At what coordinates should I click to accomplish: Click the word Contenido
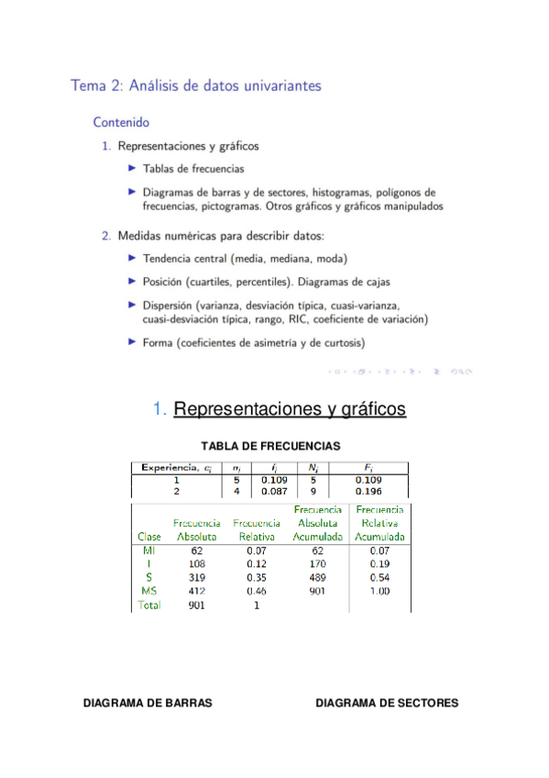coord(122,121)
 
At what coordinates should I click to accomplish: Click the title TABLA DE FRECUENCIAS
coord(270,446)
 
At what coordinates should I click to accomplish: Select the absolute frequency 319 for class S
coord(196,577)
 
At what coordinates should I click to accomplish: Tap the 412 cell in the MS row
coord(196,591)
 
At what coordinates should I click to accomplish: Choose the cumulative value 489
coord(318,577)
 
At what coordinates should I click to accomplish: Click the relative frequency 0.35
coord(256,577)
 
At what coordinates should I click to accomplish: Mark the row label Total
coord(148,605)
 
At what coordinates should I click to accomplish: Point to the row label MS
coord(148,591)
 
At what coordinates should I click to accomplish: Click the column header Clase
coord(148,536)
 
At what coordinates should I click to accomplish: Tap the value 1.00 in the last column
coord(379,591)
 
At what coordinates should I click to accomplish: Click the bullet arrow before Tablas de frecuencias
coord(134,168)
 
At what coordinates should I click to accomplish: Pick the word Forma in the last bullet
coord(159,343)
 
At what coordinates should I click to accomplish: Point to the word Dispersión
coord(167,304)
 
